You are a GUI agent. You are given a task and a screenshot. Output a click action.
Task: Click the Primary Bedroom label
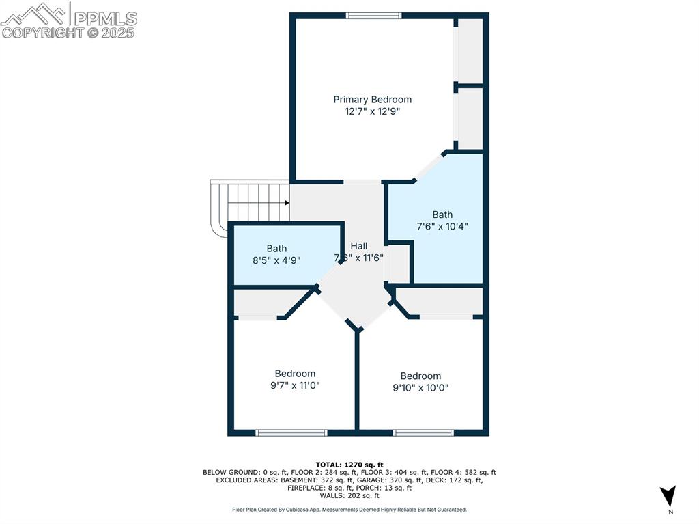372,100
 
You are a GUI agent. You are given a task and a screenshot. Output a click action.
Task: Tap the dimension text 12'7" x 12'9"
372,111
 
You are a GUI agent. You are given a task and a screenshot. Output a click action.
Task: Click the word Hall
359,246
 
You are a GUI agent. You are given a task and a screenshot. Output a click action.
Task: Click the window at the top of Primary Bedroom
373,16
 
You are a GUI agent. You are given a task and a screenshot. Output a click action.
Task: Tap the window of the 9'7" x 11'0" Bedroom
291,432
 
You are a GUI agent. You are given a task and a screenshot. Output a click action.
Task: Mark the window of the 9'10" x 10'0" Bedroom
423,432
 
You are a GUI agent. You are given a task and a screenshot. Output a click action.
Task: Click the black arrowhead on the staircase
287,202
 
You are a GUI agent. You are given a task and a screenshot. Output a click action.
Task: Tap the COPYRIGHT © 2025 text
68,32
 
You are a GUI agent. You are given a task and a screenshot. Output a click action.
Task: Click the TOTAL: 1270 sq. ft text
349,464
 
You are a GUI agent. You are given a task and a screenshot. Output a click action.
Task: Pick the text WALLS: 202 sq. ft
349,495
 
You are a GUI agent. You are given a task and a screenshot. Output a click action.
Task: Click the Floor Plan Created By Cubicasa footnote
349,510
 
